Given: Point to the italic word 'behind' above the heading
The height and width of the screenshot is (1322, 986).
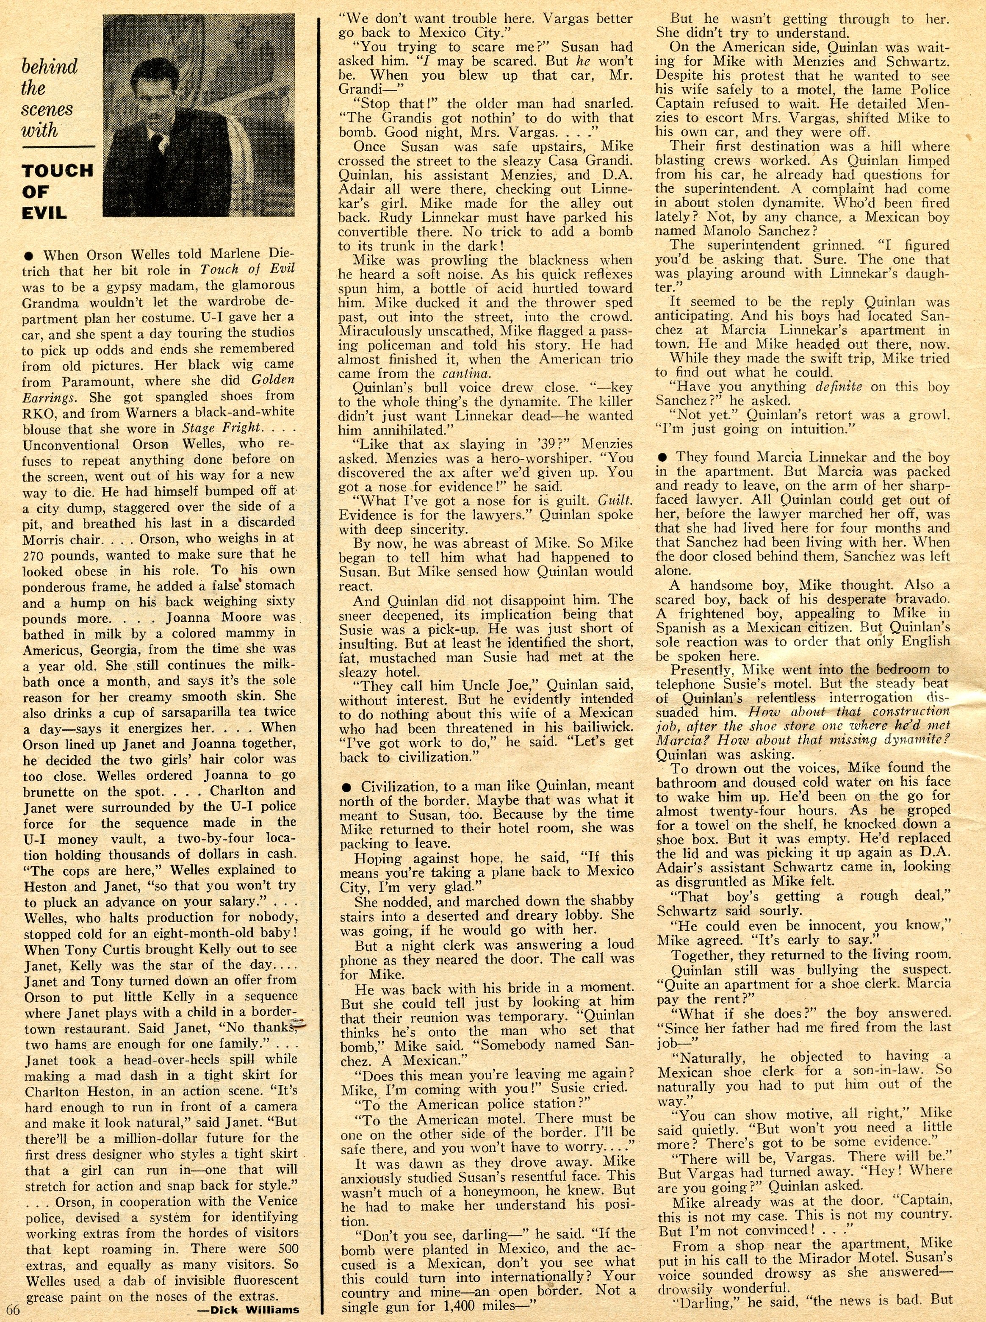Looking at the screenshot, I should point(50,66).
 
